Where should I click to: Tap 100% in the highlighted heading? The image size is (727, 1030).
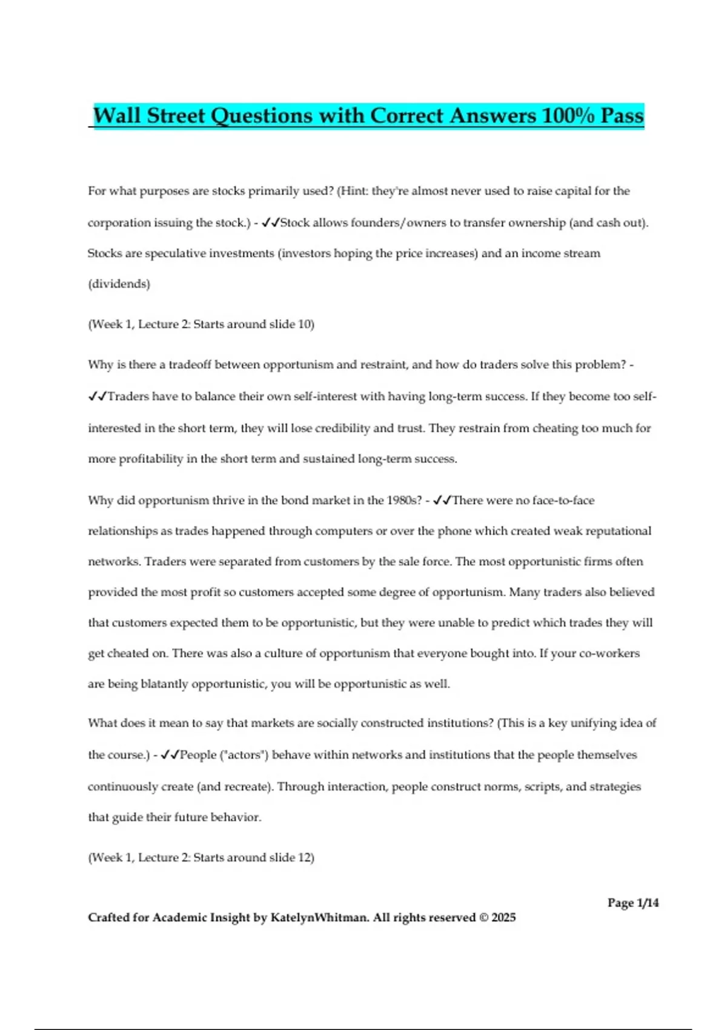[568, 116]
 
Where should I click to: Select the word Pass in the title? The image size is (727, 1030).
[622, 116]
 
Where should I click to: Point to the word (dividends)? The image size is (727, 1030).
[119, 284]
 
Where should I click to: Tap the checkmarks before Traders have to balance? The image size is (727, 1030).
[97, 396]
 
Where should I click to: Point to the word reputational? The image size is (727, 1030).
[616, 531]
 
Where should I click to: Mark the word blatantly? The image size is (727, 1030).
[164, 684]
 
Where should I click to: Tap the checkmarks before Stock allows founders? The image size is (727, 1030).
[270, 222]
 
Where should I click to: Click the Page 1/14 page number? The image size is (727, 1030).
[633, 903]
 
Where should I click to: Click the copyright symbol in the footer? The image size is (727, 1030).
[483, 917]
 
